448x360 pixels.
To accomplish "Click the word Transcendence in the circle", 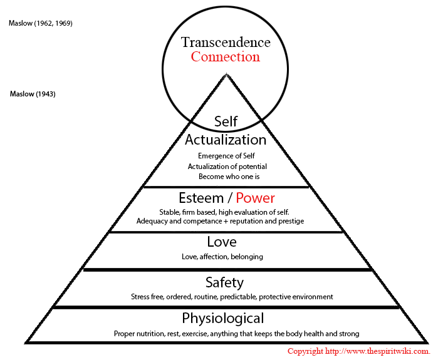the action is click(226, 42).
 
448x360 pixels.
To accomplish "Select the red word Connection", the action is click(226, 56).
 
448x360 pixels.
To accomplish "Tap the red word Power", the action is click(255, 198).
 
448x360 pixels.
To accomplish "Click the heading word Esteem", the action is click(201, 198).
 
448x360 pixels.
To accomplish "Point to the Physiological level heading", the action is click(223, 318).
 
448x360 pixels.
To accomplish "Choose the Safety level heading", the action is click(224, 282).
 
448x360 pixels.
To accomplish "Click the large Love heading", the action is click(222, 242).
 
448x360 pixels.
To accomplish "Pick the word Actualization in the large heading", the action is click(226, 140).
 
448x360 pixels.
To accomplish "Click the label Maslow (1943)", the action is click(33, 94).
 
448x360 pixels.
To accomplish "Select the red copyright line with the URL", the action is click(359, 351).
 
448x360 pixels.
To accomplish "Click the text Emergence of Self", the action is click(226, 156).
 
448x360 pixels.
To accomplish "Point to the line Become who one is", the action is click(229, 177).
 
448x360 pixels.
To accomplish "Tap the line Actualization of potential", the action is click(227, 167).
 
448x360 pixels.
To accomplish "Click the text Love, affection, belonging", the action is click(222, 257).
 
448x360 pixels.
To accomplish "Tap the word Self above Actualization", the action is click(226, 121).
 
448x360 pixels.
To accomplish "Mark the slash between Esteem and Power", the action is click(230, 198).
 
